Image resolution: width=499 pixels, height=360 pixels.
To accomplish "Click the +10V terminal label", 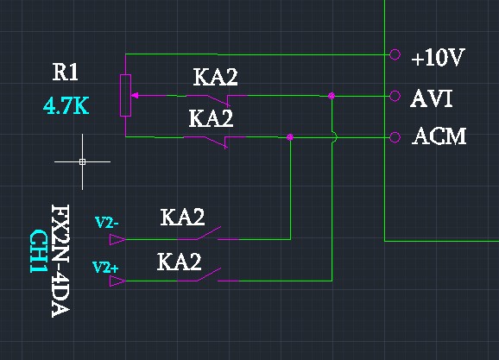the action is coord(439,58).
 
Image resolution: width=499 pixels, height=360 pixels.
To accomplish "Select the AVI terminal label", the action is coord(431,98).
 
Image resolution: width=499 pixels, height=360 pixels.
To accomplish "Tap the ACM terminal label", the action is coord(439,136).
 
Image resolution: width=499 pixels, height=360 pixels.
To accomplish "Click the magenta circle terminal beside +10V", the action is coord(395,54).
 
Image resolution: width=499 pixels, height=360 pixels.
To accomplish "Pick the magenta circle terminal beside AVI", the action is coord(395,96).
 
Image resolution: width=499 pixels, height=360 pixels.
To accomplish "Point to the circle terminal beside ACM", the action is coord(395,137).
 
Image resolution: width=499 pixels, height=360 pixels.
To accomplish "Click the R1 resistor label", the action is coord(66,73).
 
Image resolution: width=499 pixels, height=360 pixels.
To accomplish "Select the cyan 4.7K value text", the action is coord(66,106).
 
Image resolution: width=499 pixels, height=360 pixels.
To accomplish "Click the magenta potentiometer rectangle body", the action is coord(125,96).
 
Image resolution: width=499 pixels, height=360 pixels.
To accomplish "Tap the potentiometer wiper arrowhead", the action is coord(135,96).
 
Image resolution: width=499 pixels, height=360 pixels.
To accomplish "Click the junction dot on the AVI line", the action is coord(332,96).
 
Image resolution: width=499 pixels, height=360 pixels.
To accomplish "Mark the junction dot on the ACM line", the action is coord(290,137).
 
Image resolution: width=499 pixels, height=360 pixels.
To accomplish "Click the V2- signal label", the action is coord(107,223).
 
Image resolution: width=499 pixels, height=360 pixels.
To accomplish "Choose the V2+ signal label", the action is coord(105,268).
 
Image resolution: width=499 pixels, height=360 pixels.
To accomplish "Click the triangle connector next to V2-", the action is coord(117,239).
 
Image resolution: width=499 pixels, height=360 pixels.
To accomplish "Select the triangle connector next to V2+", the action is coord(117,281).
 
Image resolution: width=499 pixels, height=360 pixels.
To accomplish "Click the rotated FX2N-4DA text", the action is coord(60,261).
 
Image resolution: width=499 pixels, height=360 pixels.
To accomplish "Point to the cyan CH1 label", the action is coord(39,251).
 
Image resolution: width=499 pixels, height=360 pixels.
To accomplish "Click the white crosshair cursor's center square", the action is coord(82,161).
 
